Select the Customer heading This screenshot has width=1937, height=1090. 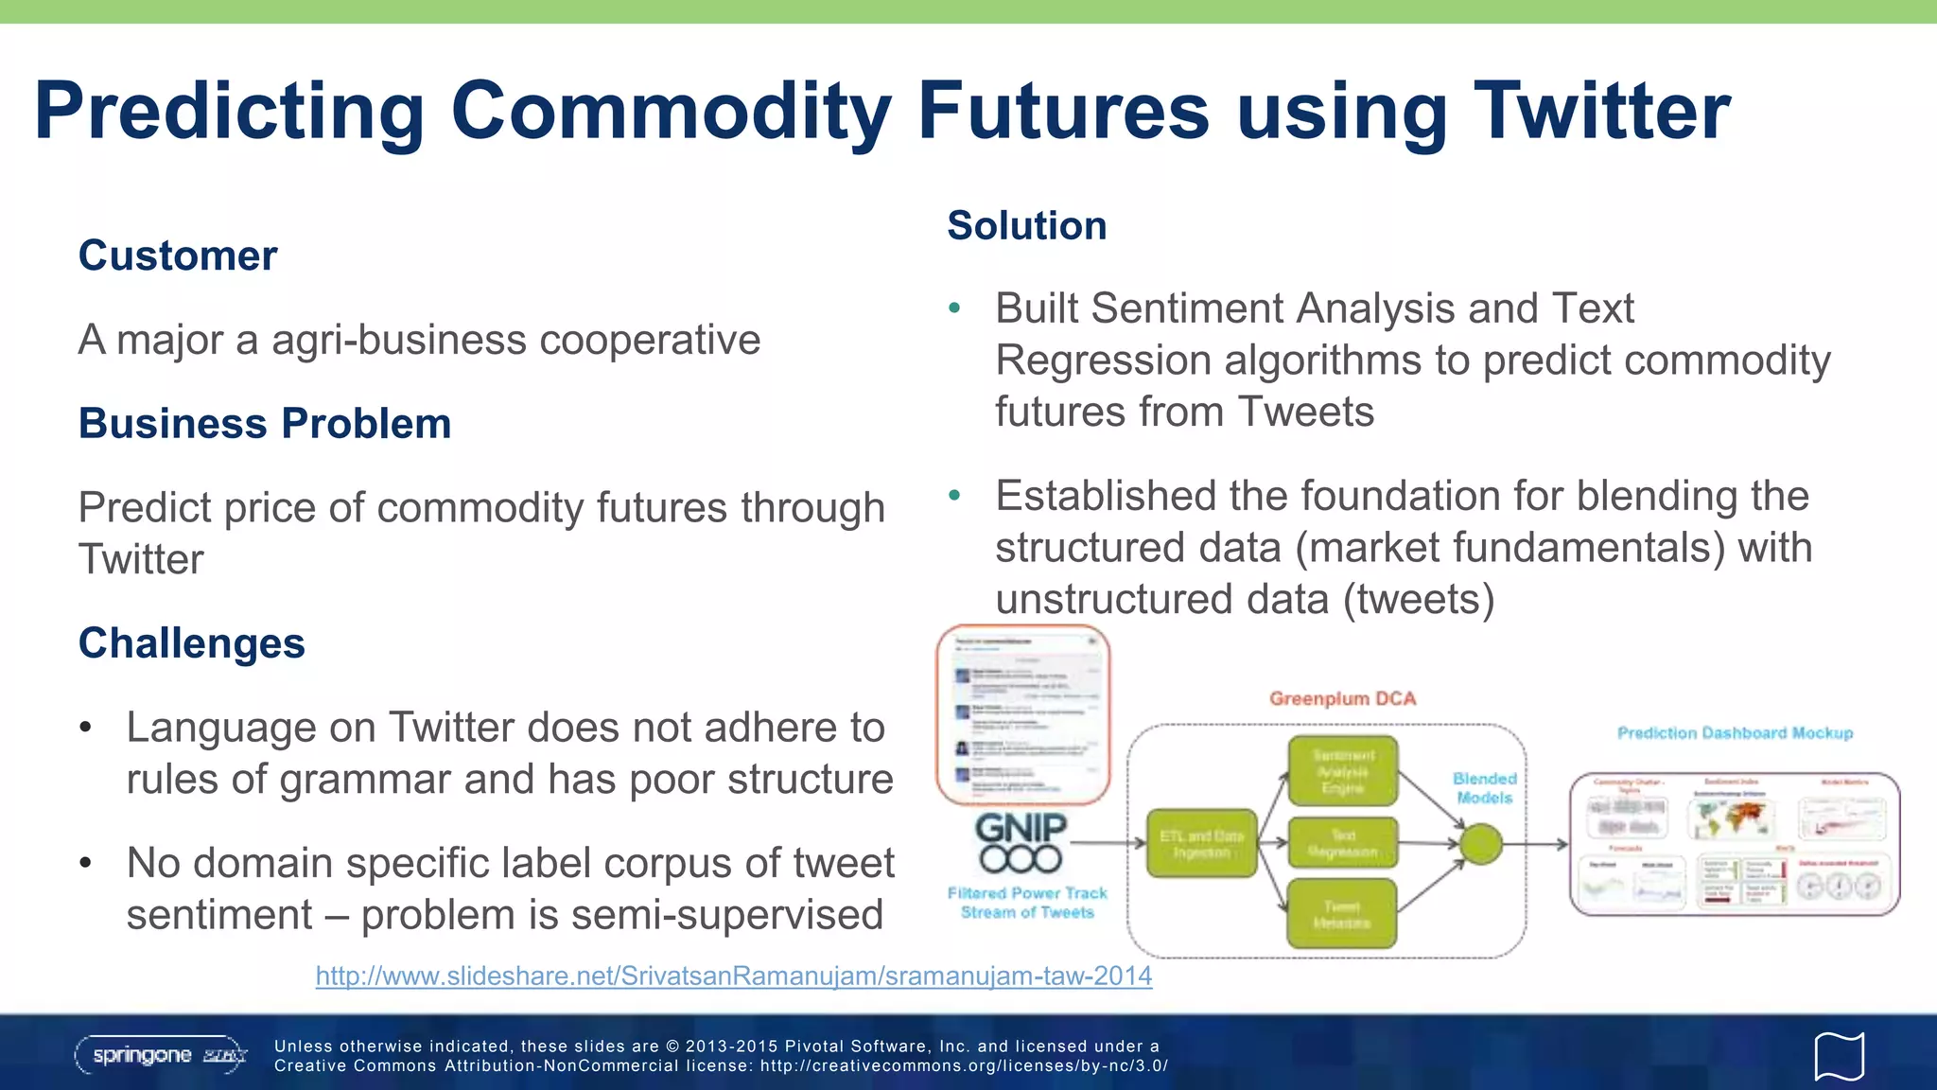pyautogui.click(x=178, y=255)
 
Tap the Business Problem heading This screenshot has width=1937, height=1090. pyautogui.click(x=265, y=423)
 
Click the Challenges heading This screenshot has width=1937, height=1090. pyautogui.click(x=191, y=643)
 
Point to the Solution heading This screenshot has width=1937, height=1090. pyautogui.click(x=1026, y=225)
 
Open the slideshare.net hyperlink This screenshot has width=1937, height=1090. pyautogui.click(x=733, y=976)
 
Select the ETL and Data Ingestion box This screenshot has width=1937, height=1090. pyautogui.click(x=1201, y=843)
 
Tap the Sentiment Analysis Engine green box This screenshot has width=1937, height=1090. pyautogui.click(x=1342, y=771)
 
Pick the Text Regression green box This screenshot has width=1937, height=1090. pyautogui.click(x=1342, y=843)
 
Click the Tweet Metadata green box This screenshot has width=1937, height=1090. pyautogui.click(x=1341, y=914)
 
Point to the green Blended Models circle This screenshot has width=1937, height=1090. pyautogui.click(x=1481, y=843)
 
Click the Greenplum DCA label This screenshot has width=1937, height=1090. pyautogui.click(x=1342, y=698)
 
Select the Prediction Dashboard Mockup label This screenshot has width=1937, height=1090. pyautogui.click(x=1735, y=732)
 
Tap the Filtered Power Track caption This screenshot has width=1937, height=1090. pyautogui.click(x=1027, y=902)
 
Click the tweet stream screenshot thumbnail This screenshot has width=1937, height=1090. pyautogui.click(x=1022, y=714)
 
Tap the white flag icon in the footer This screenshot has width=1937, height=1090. pyautogui.click(x=1839, y=1056)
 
